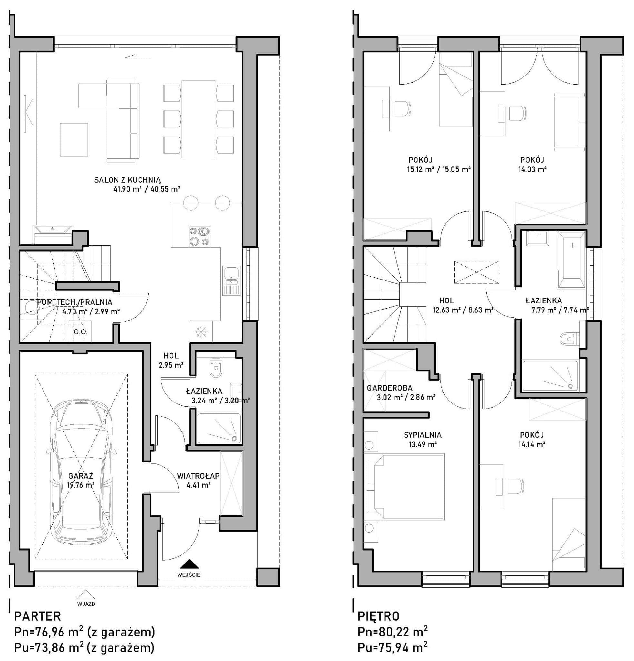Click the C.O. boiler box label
tap(81, 332)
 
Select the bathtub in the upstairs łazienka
tap(572, 260)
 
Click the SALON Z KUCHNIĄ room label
tap(128, 180)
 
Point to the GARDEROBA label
tap(389, 388)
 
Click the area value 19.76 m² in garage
tap(81, 485)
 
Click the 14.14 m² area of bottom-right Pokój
tap(532, 444)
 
